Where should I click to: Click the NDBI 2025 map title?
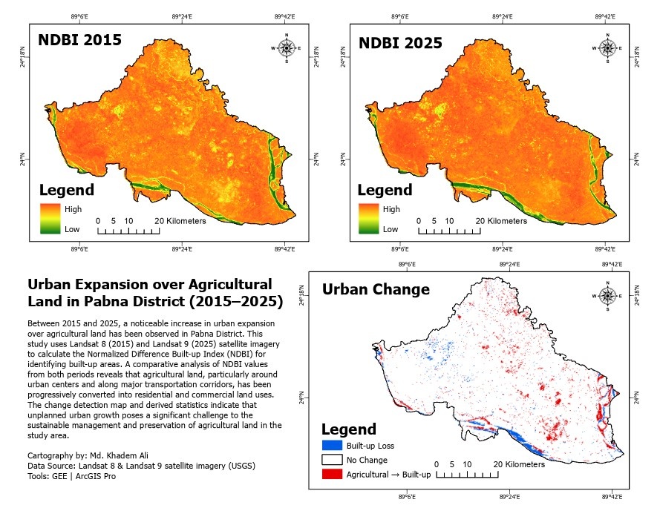[x=400, y=42]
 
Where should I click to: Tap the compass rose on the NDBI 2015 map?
[x=286, y=48]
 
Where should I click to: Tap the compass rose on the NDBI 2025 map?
[x=607, y=48]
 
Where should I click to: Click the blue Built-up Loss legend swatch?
[x=331, y=446]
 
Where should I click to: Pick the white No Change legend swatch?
[x=331, y=459]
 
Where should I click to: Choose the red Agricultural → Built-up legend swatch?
[x=331, y=472]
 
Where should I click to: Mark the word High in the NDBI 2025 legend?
[x=391, y=209]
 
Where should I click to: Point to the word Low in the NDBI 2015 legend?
[x=71, y=229]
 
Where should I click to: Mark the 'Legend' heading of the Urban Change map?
[x=349, y=429]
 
